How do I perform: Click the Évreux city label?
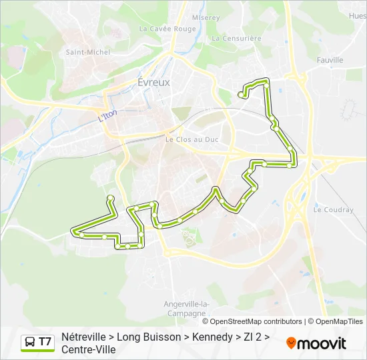(x=153, y=83)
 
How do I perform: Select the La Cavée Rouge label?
(x=167, y=29)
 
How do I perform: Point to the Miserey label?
(x=206, y=18)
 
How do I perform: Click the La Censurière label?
(x=237, y=39)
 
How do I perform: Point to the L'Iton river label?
(x=107, y=115)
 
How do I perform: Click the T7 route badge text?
(x=45, y=343)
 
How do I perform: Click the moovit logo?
(x=316, y=343)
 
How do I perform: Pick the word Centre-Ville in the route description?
(x=89, y=349)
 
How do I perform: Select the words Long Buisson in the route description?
(x=153, y=337)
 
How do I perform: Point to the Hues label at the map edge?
(x=358, y=15)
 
